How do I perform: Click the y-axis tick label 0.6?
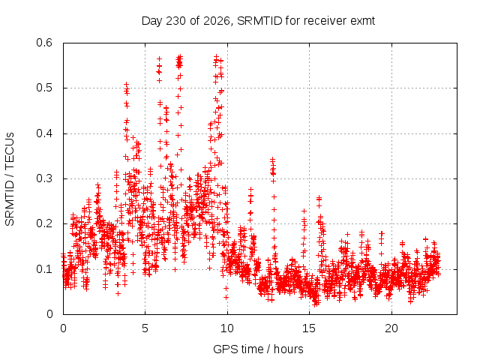coord(44,43)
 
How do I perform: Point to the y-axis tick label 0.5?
coord(44,88)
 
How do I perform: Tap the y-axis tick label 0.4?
coord(44,133)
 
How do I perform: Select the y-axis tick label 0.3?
coord(44,178)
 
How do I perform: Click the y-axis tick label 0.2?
coord(44,223)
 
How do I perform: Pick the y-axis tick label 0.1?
coord(44,269)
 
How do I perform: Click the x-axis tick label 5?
coord(145,328)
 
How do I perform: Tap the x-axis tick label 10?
coord(227,328)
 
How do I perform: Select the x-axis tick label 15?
coord(309,328)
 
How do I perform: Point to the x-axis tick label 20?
coord(391,328)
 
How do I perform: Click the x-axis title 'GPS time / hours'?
coord(258,349)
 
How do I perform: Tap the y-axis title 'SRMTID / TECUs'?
coord(10,179)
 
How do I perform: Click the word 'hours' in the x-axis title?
coord(288,349)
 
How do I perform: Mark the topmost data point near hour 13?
coord(272,160)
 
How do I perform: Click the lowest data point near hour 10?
coord(226,297)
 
